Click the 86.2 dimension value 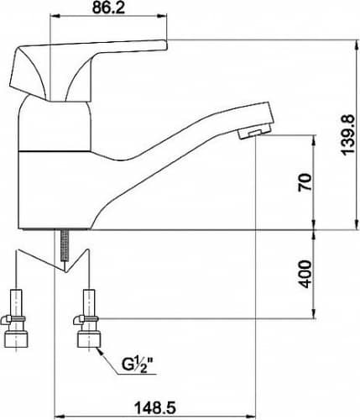point(108,8)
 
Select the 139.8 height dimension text point(347,134)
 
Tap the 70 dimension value point(305,182)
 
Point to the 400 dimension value point(305,274)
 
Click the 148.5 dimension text point(155,407)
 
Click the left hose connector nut point(16,339)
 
